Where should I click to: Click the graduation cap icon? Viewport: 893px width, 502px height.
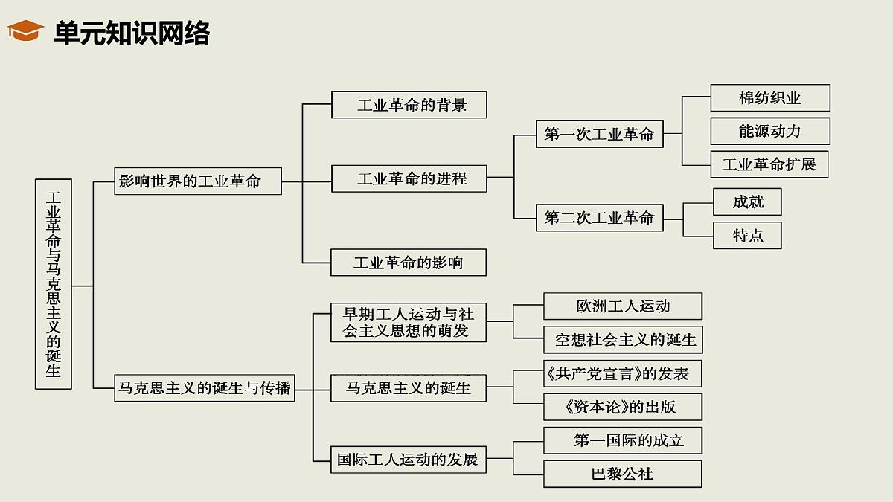25,31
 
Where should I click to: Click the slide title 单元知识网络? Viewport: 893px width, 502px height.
132,33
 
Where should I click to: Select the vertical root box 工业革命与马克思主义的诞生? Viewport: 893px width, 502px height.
54,284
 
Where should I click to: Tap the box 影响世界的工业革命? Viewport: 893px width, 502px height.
198,181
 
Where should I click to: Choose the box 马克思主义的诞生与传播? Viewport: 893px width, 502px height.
205,388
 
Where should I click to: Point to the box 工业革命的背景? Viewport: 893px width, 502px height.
409,105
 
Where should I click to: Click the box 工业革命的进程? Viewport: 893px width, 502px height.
409,178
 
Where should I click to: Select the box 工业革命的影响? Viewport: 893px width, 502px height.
409,263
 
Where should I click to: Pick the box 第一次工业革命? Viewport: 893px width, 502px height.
599,135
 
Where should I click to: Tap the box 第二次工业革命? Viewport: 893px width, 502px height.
599,218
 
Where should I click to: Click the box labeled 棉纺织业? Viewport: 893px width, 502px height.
770,98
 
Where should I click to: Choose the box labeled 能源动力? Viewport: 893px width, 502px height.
770,131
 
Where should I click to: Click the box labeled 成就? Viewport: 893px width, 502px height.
747,202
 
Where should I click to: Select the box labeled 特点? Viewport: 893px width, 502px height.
747,236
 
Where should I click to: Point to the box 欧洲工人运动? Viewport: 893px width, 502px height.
623,306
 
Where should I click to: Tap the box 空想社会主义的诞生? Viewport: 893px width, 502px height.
624,340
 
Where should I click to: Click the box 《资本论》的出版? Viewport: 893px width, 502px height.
623,407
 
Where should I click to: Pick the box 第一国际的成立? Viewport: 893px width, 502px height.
623,440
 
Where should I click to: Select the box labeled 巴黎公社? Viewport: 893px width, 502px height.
623,474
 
